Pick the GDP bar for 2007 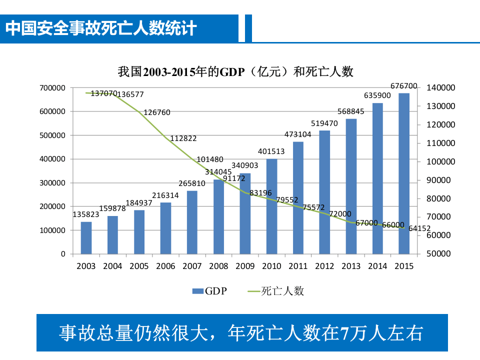[192, 222]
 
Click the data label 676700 [403, 86]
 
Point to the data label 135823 [86, 214]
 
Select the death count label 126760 [156, 112]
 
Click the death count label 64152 [419, 228]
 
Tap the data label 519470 [324, 123]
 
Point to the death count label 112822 [183, 138]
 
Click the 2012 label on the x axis [324, 266]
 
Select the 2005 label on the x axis [139, 266]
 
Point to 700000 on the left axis [52, 88]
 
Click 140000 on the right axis [441, 88]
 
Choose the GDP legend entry [209, 291]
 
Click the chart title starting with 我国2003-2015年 [235, 72]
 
